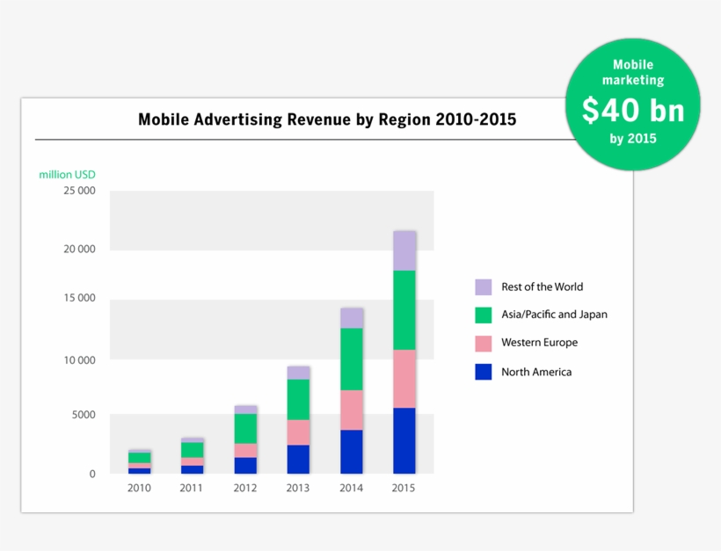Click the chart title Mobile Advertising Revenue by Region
point(327,120)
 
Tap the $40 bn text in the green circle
point(631,110)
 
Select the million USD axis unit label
point(67,174)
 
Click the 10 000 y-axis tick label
point(79,359)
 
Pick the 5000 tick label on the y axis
point(83,415)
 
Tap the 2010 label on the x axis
point(139,488)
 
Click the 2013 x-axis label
point(298,488)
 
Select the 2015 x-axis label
point(404,488)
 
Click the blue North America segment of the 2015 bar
point(404,440)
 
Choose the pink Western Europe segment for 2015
point(404,379)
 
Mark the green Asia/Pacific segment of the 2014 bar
point(352,359)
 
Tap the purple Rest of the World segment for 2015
point(404,250)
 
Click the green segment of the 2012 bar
point(245,428)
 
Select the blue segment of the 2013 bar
point(298,459)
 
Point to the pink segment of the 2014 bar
point(352,410)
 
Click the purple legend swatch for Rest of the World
point(484,286)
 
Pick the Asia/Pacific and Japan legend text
point(554,314)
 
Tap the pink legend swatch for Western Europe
point(484,343)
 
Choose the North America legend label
point(536,372)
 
